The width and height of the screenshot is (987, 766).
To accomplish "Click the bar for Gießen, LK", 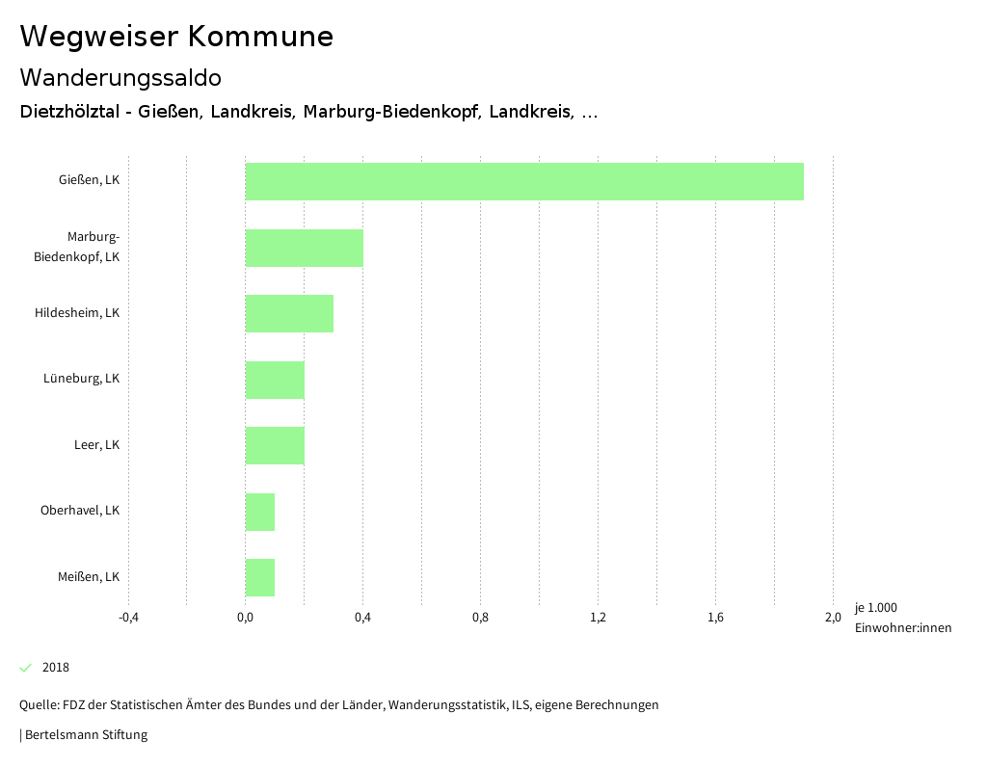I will tap(524, 181).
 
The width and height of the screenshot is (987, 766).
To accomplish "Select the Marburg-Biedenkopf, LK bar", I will tap(305, 248).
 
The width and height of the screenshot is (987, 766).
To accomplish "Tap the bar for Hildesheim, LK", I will tap(289, 313).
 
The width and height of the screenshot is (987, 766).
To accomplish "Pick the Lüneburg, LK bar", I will tap(275, 380).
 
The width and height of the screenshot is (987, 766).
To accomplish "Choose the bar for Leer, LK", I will tap(275, 445).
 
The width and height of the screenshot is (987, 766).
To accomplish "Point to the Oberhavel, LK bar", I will tap(260, 512).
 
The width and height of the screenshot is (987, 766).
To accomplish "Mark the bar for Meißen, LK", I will tap(260, 577).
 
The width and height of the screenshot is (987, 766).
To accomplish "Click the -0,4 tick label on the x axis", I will tap(128, 618).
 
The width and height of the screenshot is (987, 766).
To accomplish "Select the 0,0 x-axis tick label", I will tap(246, 618).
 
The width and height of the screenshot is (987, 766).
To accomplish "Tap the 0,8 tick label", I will tap(480, 618).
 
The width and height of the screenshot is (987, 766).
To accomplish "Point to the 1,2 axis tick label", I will tap(598, 618).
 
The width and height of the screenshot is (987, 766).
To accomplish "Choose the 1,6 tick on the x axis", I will tap(715, 618).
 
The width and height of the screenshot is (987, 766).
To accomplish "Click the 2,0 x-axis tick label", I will tap(833, 618).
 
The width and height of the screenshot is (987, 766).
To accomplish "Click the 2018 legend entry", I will tap(56, 668).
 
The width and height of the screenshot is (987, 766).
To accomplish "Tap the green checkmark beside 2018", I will tap(26, 668).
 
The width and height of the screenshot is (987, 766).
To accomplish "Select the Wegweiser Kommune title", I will tap(176, 37).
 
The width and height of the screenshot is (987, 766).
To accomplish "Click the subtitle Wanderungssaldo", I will tap(120, 77).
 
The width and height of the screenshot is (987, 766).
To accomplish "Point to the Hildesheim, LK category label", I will tap(77, 313).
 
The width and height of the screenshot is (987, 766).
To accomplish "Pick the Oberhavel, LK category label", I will tap(80, 511).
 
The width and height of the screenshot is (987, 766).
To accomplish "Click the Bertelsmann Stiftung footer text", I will tap(85, 735).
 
